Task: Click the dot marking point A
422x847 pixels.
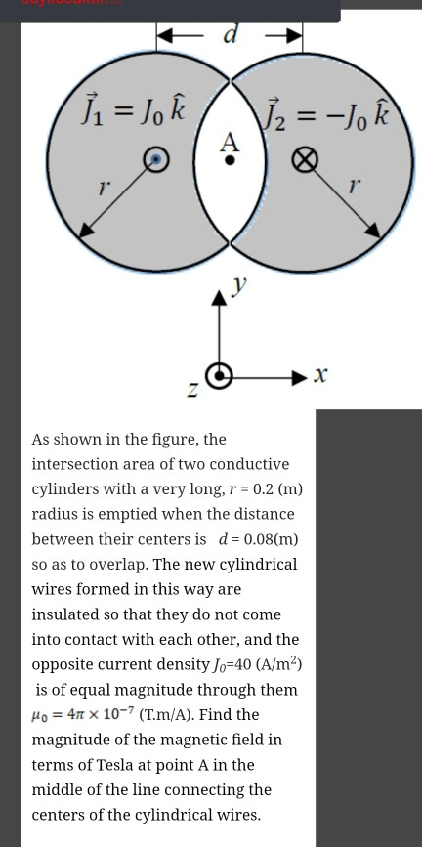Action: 230,162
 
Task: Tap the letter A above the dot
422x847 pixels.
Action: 230,141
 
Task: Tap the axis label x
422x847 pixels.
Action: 321,373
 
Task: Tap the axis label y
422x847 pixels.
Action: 237,283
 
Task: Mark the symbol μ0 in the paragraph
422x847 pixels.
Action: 43,715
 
